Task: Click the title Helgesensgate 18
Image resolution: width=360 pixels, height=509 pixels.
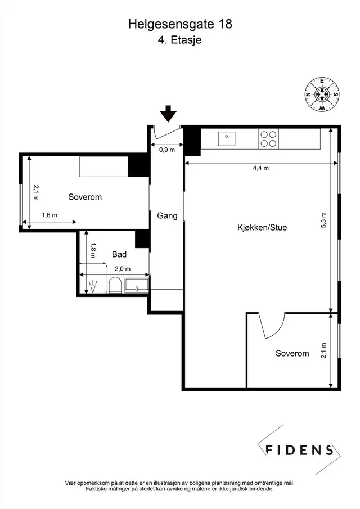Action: (180, 24)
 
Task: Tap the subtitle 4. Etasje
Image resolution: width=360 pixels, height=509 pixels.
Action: (180, 40)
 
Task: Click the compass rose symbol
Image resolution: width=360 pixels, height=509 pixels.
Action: (322, 94)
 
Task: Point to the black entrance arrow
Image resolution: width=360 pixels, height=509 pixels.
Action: (168, 114)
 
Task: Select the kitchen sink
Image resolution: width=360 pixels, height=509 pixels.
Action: (227, 139)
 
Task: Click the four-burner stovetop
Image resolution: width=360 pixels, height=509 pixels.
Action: (268, 139)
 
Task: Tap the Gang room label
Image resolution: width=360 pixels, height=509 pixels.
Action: (167, 216)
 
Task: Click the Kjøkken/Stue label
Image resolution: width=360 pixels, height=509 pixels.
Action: (262, 227)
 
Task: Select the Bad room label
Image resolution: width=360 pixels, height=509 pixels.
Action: (119, 254)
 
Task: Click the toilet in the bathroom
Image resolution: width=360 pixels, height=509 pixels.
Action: (115, 285)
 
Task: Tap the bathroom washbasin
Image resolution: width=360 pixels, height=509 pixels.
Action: (137, 285)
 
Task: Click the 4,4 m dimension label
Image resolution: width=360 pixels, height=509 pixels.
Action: (261, 168)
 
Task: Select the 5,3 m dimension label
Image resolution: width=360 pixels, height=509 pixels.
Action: (324, 220)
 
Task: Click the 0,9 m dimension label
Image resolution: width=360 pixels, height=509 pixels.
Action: (167, 150)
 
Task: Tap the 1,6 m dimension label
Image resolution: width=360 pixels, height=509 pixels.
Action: (49, 215)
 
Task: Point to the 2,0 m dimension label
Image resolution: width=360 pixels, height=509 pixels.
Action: (123, 269)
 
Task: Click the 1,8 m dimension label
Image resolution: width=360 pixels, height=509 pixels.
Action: (93, 250)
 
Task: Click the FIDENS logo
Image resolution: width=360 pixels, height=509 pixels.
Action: (299, 450)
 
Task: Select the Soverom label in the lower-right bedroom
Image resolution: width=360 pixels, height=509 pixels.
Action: (292, 353)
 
